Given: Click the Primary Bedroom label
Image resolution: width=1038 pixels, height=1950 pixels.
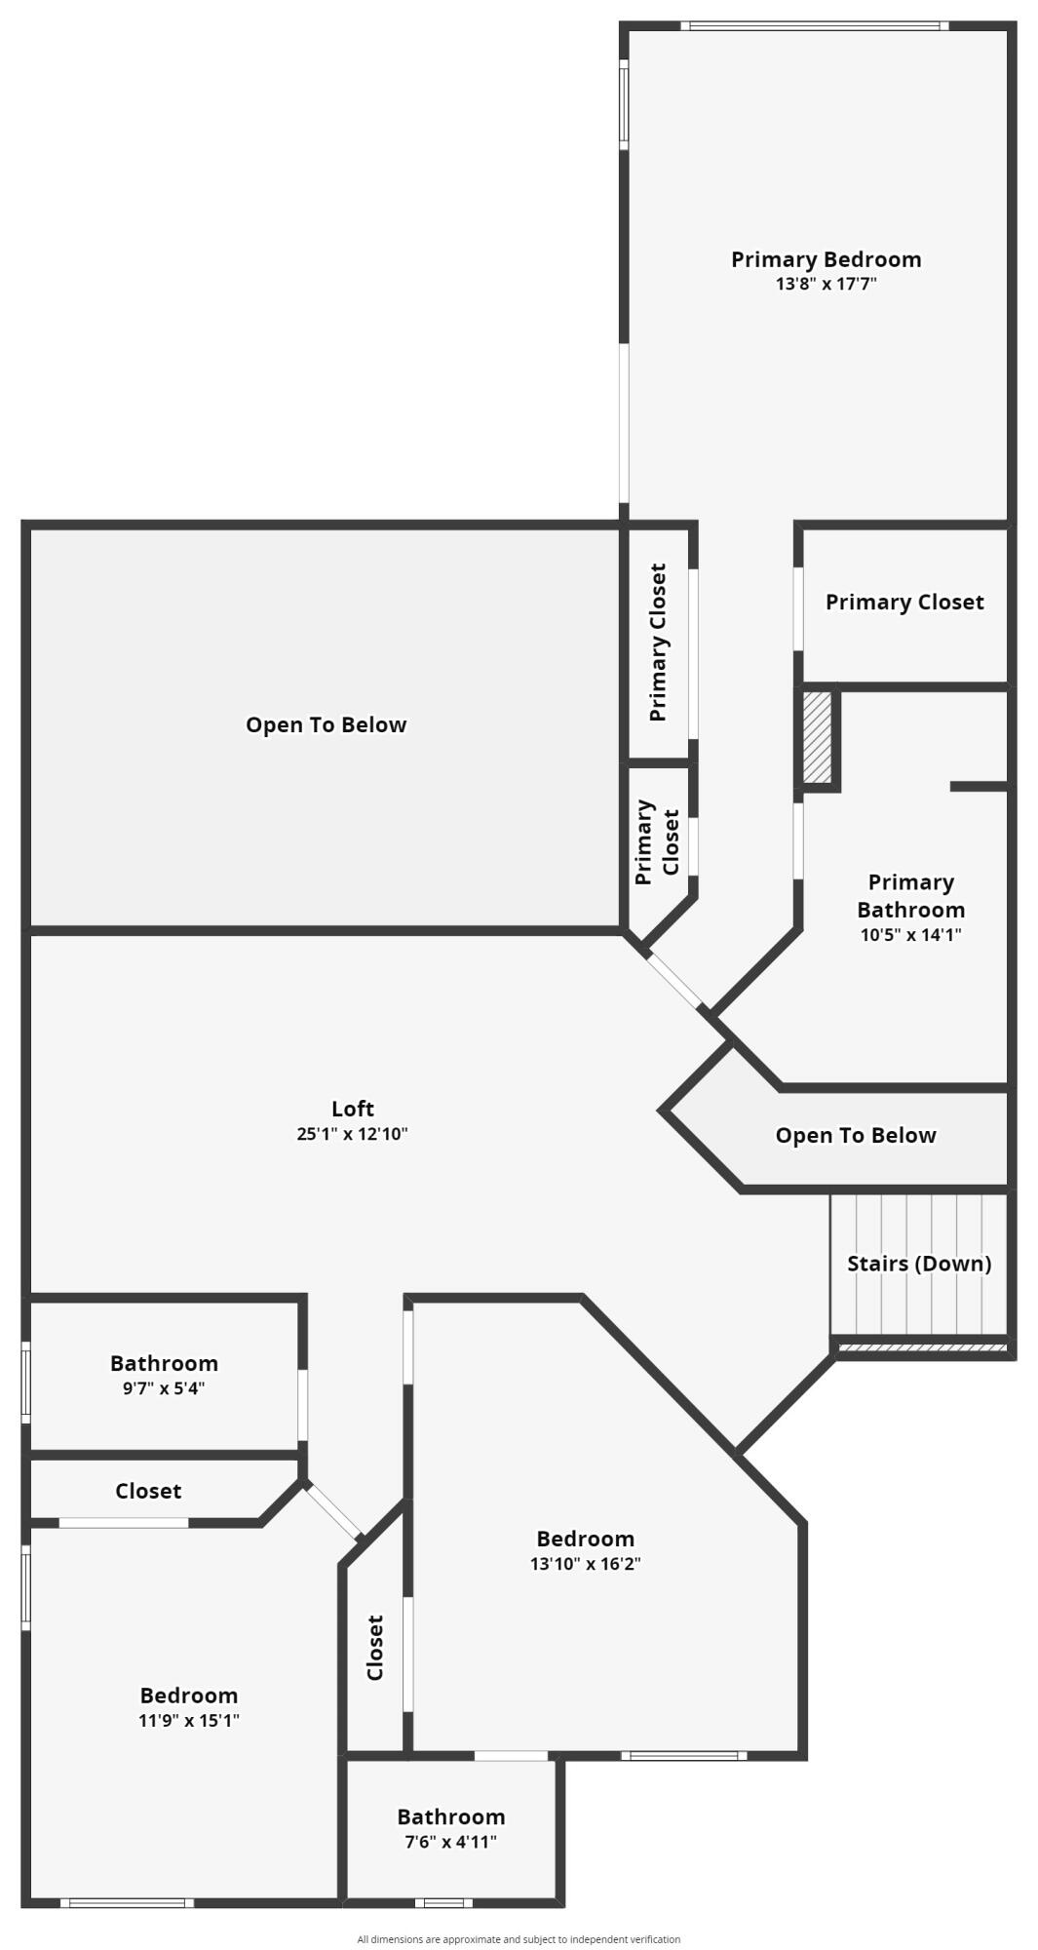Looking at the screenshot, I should coord(826,259).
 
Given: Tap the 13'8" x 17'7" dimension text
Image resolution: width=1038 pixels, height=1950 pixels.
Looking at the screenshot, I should coord(826,285).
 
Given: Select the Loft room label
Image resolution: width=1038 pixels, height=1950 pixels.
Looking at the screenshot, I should coord(352,1109).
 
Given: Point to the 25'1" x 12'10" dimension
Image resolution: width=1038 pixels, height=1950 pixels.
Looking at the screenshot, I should coord(352,1134).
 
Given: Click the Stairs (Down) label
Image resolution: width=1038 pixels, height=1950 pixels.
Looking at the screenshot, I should coord(918,1264).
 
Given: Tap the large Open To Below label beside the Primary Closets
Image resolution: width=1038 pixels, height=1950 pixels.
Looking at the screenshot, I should coord(326,724).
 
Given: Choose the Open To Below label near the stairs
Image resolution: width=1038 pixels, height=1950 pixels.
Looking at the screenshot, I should coord(855,1135).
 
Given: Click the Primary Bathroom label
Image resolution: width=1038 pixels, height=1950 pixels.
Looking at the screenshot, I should coord(910,896).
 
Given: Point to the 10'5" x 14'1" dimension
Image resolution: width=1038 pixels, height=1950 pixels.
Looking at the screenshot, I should coord(910,935).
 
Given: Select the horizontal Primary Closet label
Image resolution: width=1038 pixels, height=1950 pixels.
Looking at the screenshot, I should coord(903,603).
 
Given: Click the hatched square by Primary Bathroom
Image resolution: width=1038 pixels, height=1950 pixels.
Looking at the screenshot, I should coord(817,737).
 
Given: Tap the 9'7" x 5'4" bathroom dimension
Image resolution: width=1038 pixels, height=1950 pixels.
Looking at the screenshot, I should coord(164,1388).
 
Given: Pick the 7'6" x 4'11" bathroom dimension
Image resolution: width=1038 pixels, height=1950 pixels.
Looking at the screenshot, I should coord(450,1842).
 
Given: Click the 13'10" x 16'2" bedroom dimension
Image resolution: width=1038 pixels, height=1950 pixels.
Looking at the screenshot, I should coord(585,1564).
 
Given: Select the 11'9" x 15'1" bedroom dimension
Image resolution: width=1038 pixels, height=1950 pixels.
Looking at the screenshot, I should coord(188,1720).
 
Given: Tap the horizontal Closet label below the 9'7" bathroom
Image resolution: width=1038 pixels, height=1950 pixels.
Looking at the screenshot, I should coord(148,1491).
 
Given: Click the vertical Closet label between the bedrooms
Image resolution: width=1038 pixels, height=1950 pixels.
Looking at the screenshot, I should coord(375,1648).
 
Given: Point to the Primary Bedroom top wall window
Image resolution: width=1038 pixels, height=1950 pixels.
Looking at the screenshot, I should coord(814,26).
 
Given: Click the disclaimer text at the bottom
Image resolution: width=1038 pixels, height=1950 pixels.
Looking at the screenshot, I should coord(519,1939).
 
